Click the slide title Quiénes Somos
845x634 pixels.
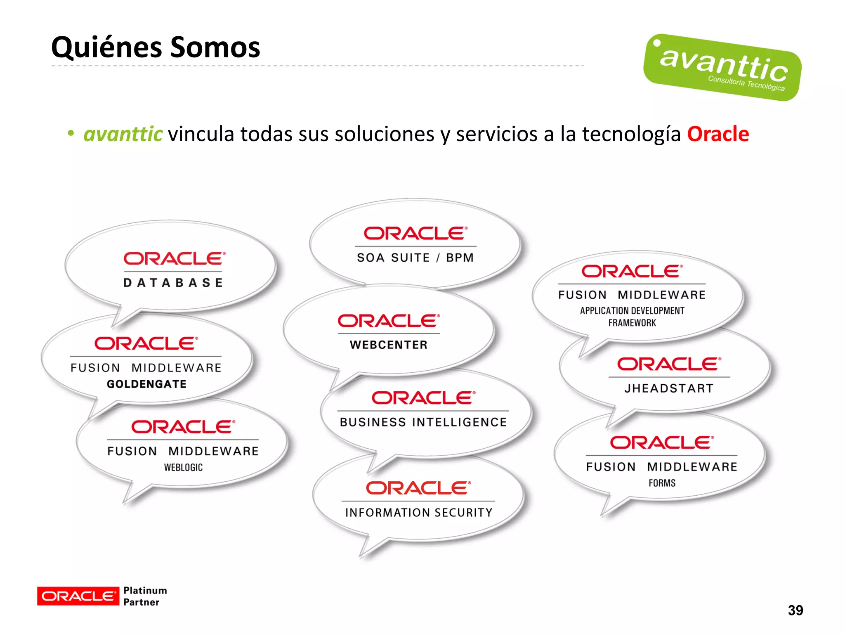[156, 47]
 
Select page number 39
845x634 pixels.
[795, 610]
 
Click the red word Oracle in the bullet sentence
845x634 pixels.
[718, 134]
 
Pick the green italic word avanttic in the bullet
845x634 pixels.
[123, 134]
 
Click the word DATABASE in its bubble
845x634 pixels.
[173, 283]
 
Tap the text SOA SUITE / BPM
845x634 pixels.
[415, 258]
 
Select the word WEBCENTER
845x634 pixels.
[389, 345]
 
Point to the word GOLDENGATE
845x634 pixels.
[147, 384]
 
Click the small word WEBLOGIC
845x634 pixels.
[183, 467]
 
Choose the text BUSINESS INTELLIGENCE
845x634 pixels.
[423, 422]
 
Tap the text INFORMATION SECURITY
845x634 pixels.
[419, 512]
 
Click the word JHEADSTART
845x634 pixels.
[669, 388]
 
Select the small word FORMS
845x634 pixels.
[662, 483]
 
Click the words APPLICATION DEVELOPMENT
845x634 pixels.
[632, 310]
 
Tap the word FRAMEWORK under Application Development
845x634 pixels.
[632, 323]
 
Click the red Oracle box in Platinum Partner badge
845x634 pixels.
[78, 596]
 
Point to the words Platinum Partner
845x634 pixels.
[145, 596]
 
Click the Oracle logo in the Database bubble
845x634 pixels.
[174, 259]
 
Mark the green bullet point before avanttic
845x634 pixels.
[71, 133]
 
